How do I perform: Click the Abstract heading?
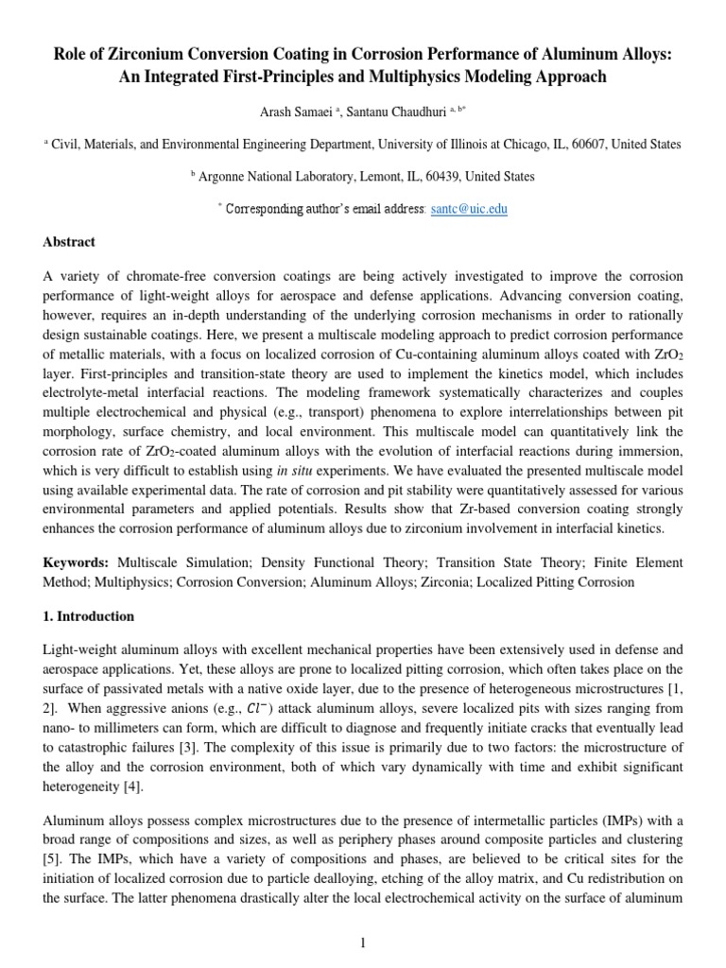point(69,242)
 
